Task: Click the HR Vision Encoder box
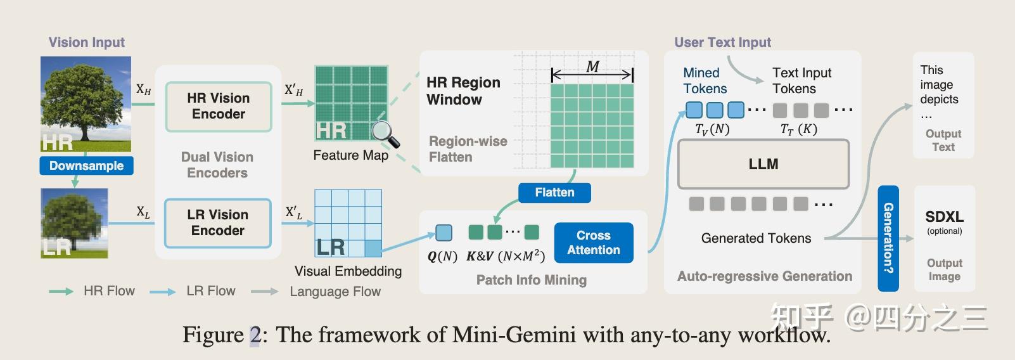click(219, 106)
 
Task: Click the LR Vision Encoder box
click(218, 223)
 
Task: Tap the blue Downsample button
click(86, 166)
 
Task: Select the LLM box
click(763, 164)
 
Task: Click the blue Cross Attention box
click(594, 243)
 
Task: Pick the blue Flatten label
click(554, 193)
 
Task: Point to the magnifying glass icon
click(385, 133)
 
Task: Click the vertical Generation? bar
click(888, 238)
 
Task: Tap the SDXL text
click(944, 217)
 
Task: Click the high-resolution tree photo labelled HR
click(86, 105)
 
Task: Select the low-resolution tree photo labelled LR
click(75, 223)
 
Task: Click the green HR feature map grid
click(352, 103)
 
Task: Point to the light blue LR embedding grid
click(348, 223)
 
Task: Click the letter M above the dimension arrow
click(592, 67)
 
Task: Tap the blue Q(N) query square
click(444, 233)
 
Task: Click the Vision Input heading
click(87, 42)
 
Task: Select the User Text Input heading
click(722, 42)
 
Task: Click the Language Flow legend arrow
click(265, 292)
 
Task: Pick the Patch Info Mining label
click(531, 280)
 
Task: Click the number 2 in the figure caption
click(255, 335)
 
